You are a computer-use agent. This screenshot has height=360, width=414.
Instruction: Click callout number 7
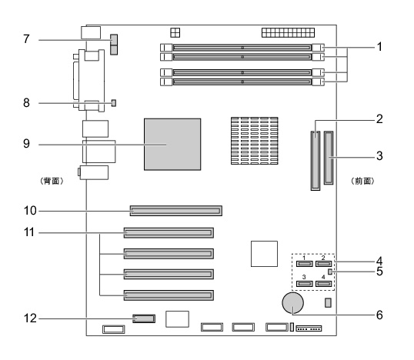coord(26,39)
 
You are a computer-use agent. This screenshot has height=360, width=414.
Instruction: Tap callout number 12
coord(30,318)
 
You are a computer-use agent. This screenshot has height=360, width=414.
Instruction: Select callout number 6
coord(379,315)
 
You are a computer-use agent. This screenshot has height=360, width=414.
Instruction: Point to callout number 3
coord(379,155)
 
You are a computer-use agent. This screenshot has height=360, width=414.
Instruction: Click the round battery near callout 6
coord(293,303)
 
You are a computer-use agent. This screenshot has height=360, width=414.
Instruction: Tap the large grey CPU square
coord(172,144)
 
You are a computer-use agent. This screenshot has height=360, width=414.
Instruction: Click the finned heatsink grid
coord(255,141)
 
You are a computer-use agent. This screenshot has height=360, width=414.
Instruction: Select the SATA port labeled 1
coord(305,264)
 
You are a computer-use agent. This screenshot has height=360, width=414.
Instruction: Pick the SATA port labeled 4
coord(323,284)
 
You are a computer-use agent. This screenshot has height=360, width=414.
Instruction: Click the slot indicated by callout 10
coord(176,211)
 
